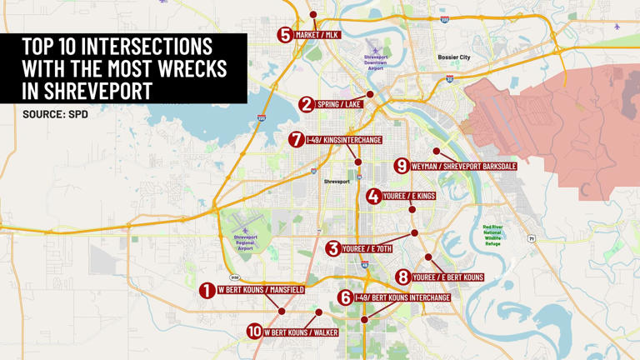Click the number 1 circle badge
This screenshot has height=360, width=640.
207,290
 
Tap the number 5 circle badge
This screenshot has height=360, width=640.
286,35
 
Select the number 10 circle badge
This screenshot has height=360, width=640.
254,332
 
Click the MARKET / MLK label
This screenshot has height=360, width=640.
317,35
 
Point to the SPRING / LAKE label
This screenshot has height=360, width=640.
339,104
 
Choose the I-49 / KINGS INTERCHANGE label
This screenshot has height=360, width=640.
343,140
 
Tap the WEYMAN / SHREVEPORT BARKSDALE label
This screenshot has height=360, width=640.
463,167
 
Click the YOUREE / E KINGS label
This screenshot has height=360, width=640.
408,197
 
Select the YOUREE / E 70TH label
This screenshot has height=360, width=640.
367,248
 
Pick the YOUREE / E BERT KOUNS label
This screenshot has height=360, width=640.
447,277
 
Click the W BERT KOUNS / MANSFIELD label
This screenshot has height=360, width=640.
261,290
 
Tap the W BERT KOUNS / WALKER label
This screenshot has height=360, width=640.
301,332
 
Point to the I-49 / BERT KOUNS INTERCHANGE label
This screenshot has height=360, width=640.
402,297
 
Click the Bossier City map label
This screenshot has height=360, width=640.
454,57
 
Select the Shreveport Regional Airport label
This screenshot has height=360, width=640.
245,242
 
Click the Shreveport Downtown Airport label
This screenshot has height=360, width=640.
376,62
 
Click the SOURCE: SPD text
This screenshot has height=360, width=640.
55,113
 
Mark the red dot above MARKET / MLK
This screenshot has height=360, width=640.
313,15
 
